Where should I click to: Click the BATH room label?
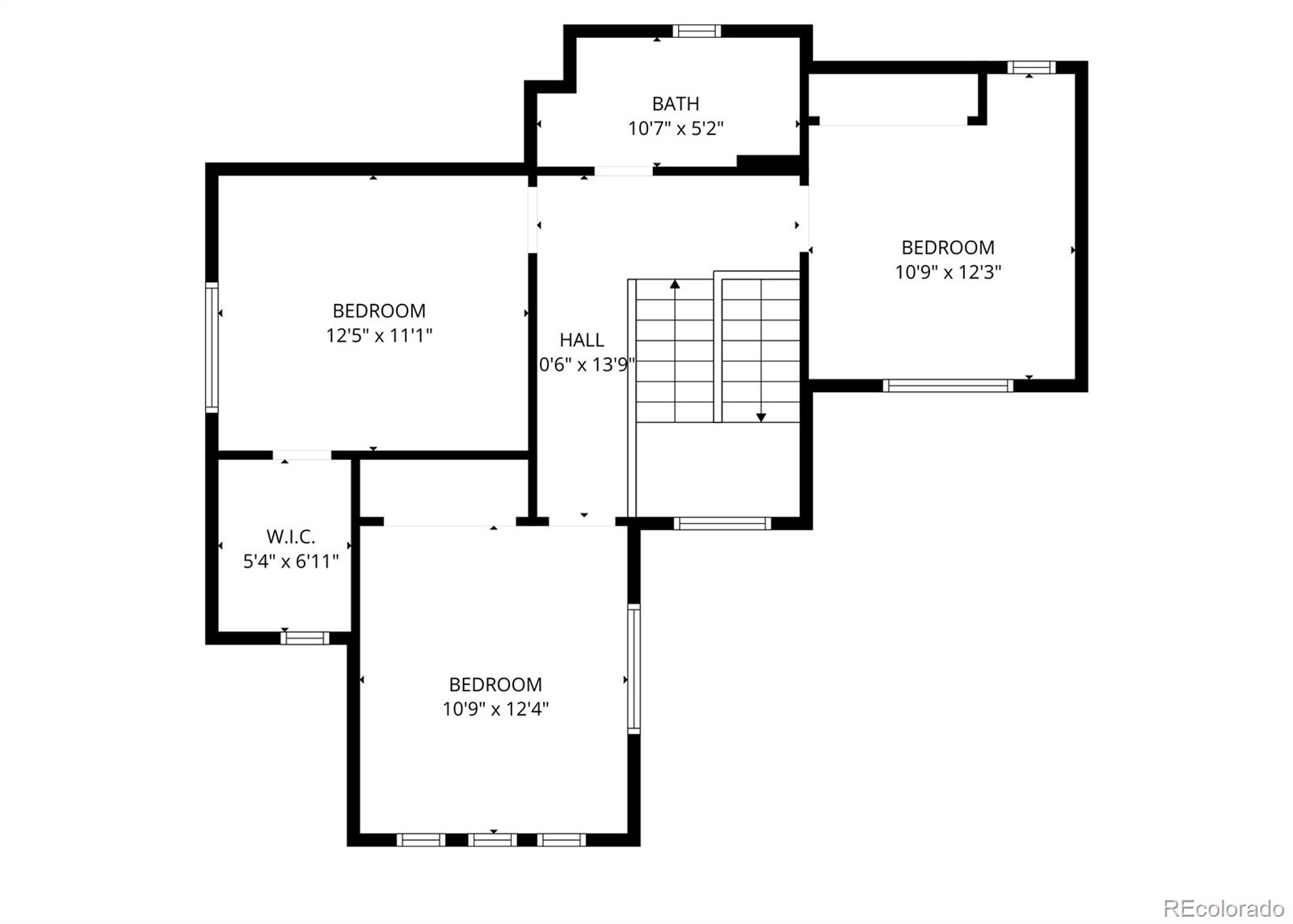(676, 103)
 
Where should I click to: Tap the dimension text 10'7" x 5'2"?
(676, 129)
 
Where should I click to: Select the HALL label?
(582, 340)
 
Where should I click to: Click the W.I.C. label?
(291, 537)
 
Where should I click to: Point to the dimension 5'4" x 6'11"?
(291, 562)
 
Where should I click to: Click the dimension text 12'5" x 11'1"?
(379, 335)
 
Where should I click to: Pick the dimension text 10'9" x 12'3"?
(948, 272)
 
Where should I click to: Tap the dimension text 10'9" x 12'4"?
(495, 709)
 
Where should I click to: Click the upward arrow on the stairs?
(675, 285)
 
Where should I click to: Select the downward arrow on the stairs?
(760, 416)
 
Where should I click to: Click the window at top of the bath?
(696, 32)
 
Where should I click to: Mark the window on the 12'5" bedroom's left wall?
(212, 348)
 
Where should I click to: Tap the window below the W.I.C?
(305, 638)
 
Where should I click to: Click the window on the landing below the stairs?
(722, 523)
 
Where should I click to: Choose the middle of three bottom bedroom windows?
(492, 840)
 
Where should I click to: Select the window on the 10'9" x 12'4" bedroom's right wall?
(634, 669)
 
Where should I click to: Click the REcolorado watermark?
(1224, 908)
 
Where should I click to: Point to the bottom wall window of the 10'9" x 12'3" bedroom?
(948, 386)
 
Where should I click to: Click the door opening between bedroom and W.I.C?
(302, 456)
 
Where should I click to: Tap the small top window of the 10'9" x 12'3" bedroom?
(1030, 67)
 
